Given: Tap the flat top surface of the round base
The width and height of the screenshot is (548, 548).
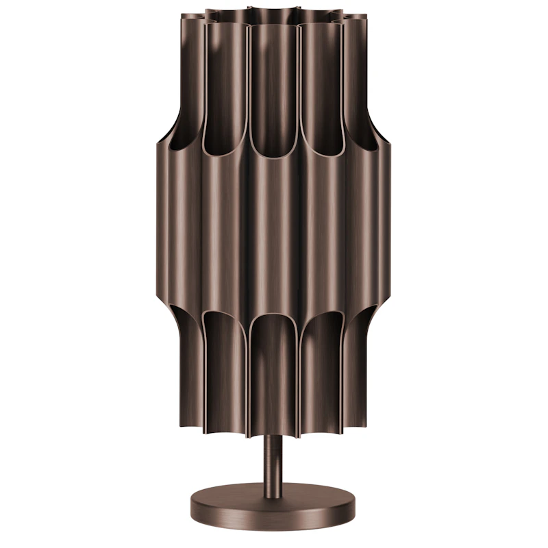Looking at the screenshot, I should coord(273,493).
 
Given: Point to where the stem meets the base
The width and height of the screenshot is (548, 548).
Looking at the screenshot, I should coord(273,484).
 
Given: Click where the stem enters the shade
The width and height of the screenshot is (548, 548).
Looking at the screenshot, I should coord(273,436).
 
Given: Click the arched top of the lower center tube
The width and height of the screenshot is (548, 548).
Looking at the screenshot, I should coord(273,322).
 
